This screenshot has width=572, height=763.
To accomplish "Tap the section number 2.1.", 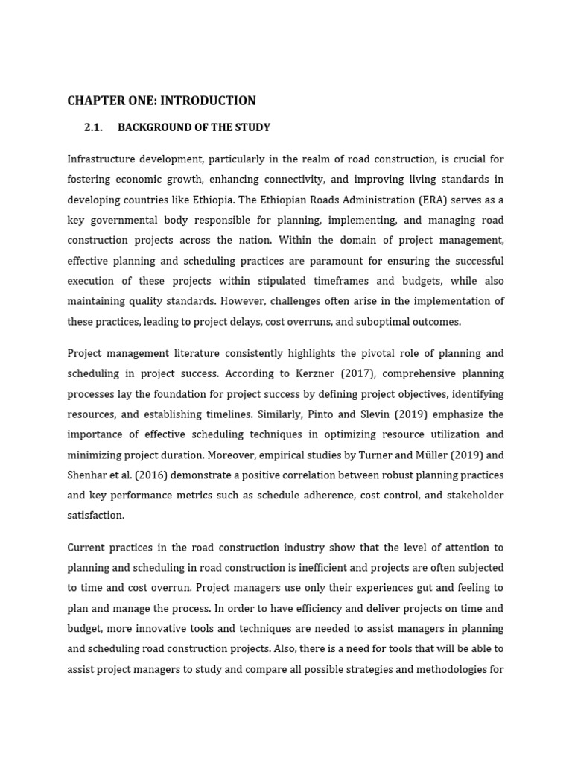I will tap(93, 127).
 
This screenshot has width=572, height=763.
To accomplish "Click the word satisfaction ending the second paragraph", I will tap(96, 516).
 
